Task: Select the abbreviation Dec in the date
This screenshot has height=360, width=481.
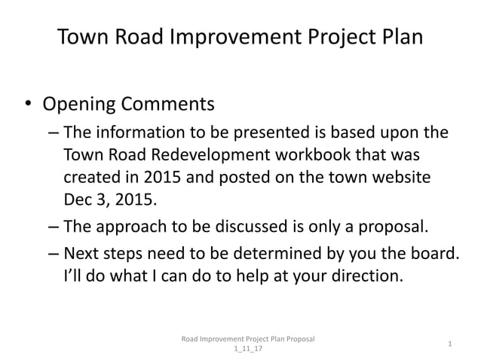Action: coord(78,201)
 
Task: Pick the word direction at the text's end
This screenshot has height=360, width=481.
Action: coord(363,276)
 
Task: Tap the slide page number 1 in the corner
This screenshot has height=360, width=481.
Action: coord(449,344)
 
